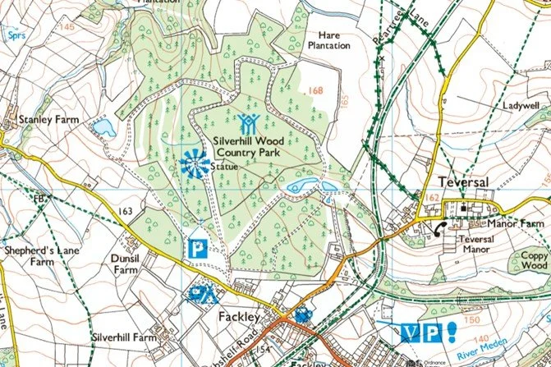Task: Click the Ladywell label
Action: pos(520,106)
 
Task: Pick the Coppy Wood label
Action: pos(533,259)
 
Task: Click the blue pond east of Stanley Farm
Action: pos(104,127)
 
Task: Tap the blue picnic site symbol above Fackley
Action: pos(202,294)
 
